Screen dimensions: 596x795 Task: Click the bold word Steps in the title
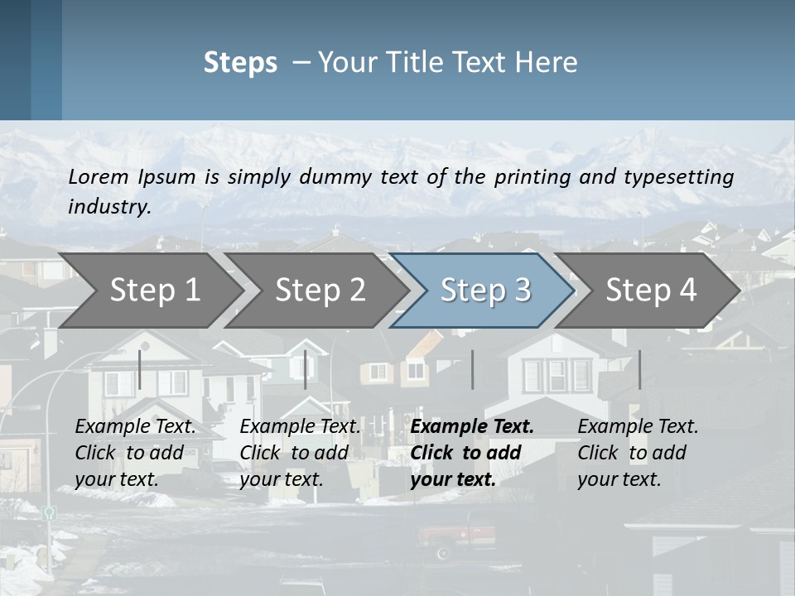pos(240,63)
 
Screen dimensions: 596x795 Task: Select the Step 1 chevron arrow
pos(154,290)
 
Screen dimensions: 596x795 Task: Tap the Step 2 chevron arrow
pos(320,290)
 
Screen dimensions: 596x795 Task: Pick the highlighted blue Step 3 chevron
pos(485,290)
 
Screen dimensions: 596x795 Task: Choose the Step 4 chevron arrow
pos(651,290)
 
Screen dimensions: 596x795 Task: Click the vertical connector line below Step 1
pos(140,369)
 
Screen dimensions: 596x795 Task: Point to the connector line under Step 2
pos(306,369)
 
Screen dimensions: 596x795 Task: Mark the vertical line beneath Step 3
pos(472,369)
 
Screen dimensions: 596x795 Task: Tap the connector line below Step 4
pos(639,369)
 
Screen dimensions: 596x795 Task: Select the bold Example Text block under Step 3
pos(471,453)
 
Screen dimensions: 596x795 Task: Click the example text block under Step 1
pos(135,453)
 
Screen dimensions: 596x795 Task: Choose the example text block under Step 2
pos(300,453)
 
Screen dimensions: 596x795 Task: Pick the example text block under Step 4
pos(638,453)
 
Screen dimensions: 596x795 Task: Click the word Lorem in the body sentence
pos(99,176)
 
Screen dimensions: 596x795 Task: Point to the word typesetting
pos(683,177)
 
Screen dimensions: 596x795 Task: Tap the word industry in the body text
pos(108,207)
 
